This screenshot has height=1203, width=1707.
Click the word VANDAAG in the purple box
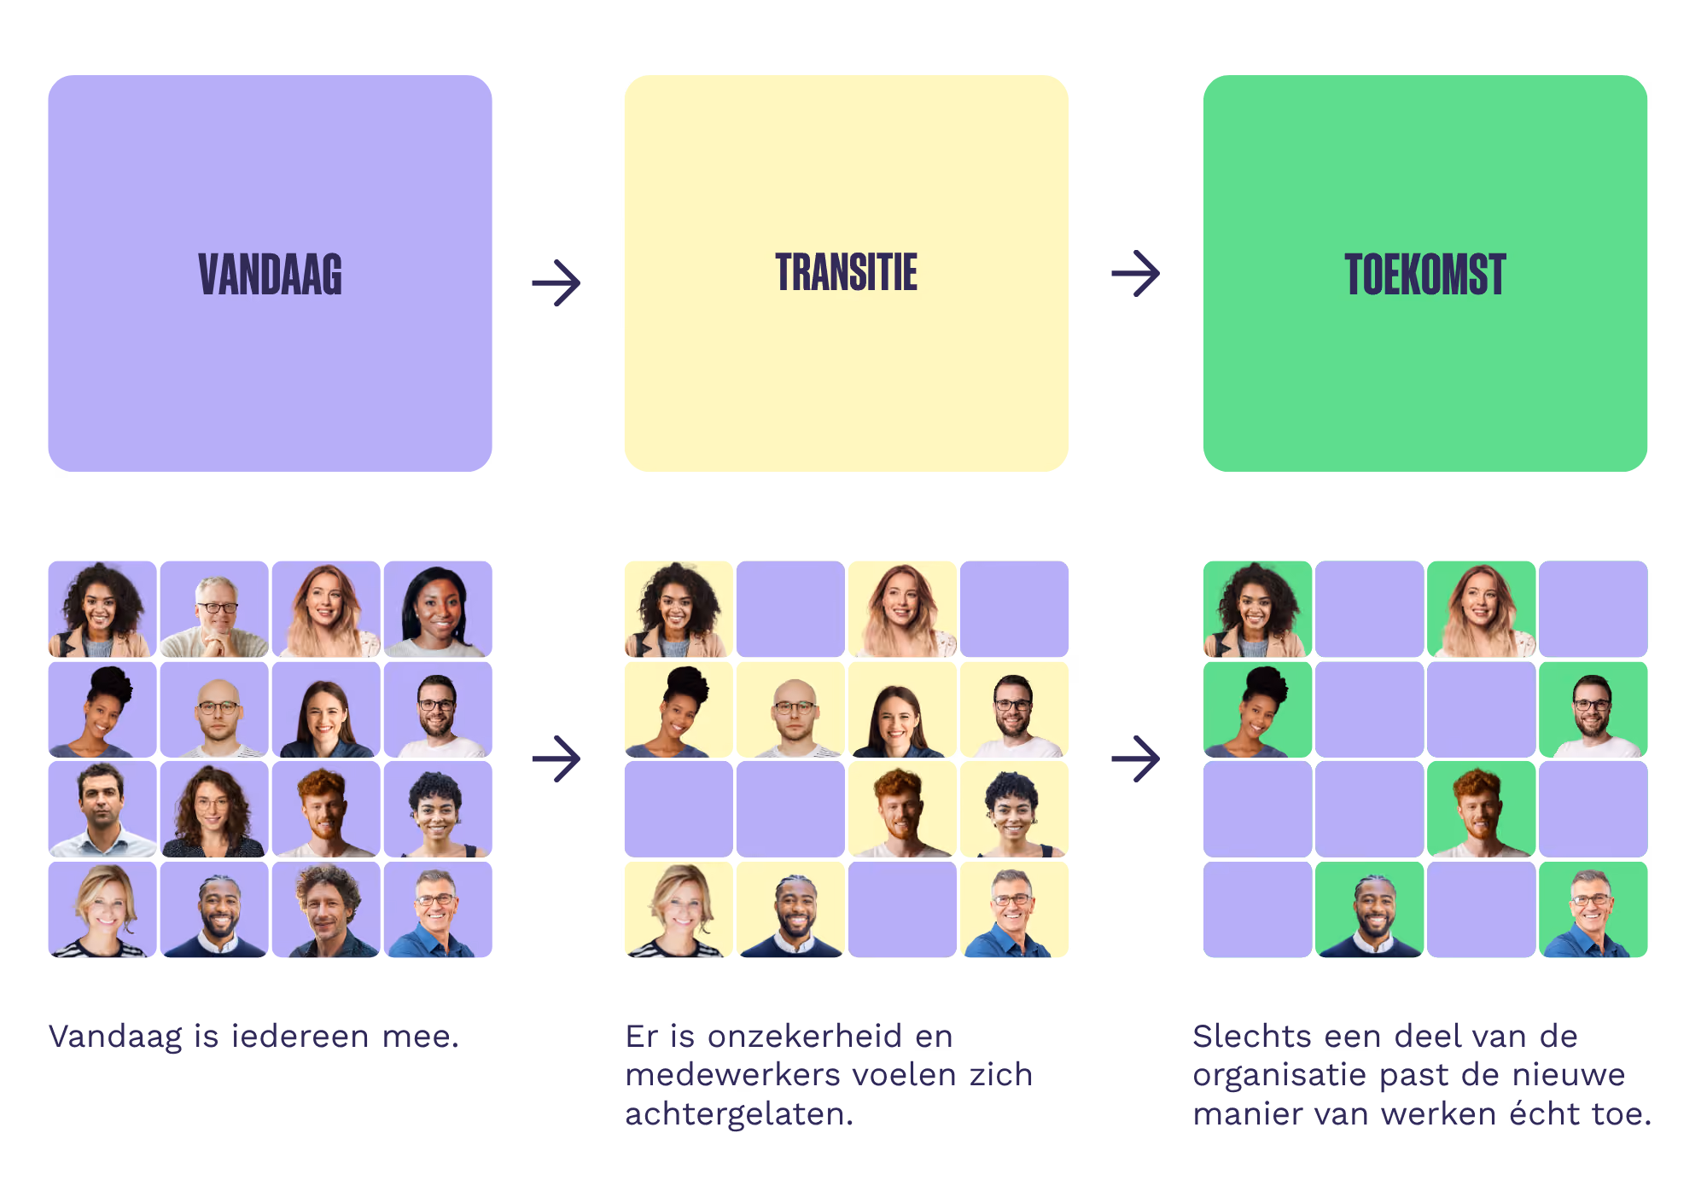coord(270,275)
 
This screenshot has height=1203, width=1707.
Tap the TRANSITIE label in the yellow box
coord(847,272)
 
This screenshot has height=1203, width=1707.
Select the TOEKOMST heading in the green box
coord(1425,275)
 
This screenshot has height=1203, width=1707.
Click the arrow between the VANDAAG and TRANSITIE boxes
coord(556,282)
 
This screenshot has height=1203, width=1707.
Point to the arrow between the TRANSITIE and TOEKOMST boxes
coord(1136,274)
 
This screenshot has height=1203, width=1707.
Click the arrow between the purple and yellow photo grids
coord(556,758)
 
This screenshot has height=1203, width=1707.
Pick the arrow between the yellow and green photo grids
coord(1136,758)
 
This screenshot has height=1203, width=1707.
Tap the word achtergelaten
coord(739,1114)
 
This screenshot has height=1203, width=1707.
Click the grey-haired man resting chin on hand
coord(214,609)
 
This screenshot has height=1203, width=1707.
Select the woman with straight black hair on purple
coord(438,609)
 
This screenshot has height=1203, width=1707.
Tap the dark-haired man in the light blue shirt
coord(102,809)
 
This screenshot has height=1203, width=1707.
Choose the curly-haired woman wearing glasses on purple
coord(214,809)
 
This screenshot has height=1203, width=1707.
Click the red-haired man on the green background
coord(1481,809)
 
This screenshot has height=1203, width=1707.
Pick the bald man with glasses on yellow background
coord(790,710)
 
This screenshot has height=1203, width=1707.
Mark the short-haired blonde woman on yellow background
coord(679,910)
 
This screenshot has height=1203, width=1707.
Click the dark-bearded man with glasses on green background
coord(1593,710)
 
